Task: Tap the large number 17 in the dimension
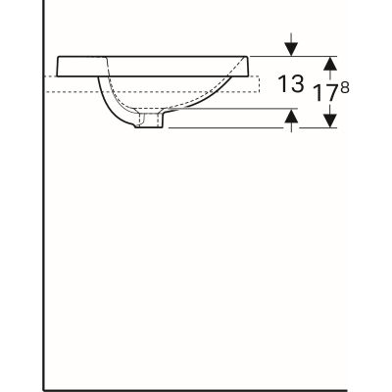click(322, 97)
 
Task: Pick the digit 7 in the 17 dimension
click(330, 97)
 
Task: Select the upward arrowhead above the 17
click(331, 62)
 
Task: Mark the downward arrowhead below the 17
click(331, 121)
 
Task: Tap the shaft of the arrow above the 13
click(291, 40)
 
